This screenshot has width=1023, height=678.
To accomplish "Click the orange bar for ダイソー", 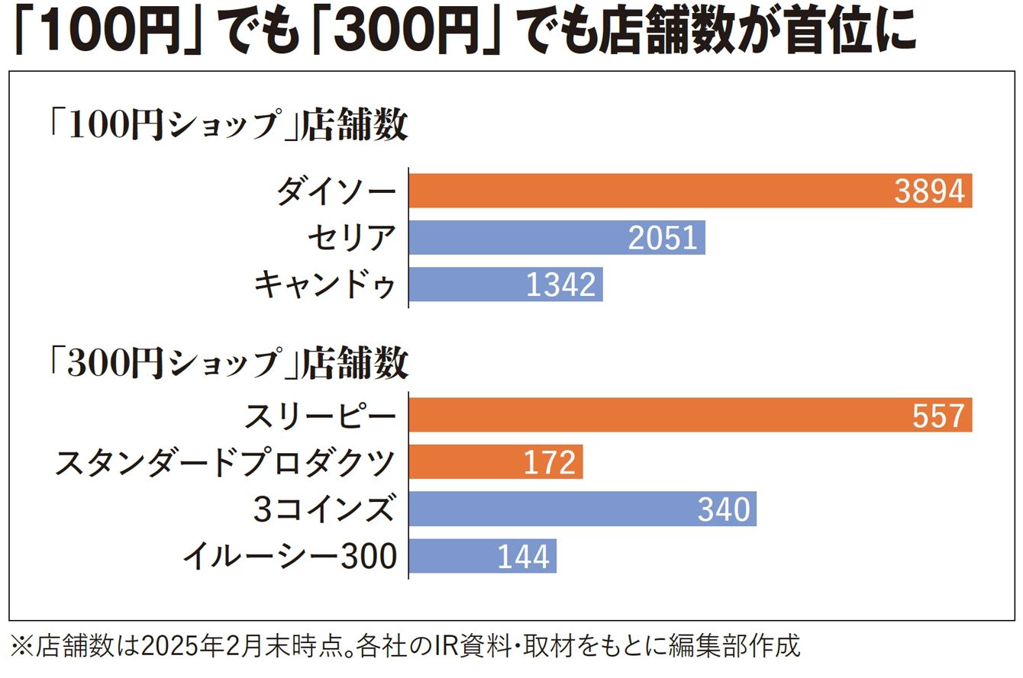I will pos(649,191).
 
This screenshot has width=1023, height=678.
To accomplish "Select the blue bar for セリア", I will pos(519,238).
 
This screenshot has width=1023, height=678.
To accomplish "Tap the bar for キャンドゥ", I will pos(466,284).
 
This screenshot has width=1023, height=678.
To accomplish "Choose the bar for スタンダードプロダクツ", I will pos(466,463).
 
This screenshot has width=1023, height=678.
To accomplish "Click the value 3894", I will pos(929,191).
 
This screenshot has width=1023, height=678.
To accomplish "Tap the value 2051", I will pos(663,239).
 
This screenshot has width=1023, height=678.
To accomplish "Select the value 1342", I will pos(560,285).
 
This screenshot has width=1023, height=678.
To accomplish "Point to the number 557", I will pos(939,416).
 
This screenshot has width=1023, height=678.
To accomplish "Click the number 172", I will pos(550,464).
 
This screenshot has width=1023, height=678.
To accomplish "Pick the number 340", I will pos(724,510).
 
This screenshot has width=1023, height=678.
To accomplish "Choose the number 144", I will pos(524,557).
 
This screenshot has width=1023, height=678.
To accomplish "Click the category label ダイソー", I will pos(337,191).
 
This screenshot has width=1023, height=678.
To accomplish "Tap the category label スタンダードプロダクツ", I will pos(225,463).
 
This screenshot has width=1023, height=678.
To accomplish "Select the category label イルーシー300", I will pos(290,556).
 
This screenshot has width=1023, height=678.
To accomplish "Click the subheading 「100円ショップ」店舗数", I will pos(227,127).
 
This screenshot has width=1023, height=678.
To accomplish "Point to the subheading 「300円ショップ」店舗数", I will pos(227,364).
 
